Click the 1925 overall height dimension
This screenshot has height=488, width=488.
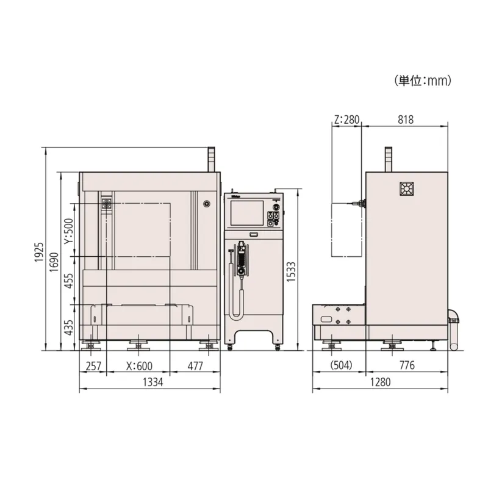[39, 252]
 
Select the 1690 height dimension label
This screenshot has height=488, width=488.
[54, 262]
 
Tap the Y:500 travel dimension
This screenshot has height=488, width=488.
[69, 231]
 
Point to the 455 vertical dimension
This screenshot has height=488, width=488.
[68, 281]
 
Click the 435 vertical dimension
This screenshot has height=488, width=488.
[68, 328]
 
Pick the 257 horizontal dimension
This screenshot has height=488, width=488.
[93, 366]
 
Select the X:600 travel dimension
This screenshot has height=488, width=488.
[139, 366]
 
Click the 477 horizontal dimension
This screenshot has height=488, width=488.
[195, 366]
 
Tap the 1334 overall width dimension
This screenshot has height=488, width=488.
[152, 382]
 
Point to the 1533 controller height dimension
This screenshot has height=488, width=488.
[291, 271]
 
